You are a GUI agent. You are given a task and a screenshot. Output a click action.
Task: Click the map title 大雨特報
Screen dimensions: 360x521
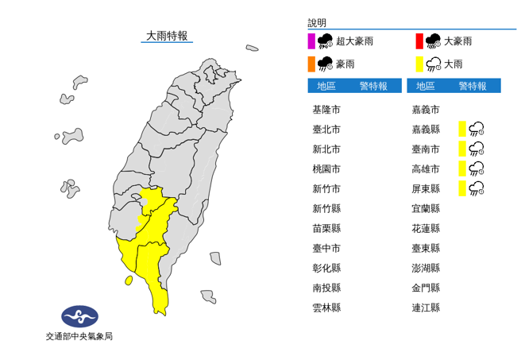point(167,36)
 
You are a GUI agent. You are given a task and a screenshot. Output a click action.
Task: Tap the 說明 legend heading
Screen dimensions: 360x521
point(317,23)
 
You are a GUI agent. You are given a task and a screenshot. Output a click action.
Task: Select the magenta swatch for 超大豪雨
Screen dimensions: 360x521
point(311,41)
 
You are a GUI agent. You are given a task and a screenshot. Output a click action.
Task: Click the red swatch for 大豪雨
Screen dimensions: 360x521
point(419,41)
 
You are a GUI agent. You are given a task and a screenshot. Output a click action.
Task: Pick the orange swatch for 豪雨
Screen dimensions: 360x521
point(311,63)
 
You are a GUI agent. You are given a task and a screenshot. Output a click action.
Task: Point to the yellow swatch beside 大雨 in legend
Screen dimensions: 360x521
point(419,63)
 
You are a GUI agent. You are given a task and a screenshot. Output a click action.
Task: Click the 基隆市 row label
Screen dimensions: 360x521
point(326,110)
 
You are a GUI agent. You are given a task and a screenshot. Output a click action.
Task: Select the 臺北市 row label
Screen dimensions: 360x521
point(326,130)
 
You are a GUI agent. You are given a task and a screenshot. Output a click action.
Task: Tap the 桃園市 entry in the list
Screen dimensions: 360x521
point(326,168)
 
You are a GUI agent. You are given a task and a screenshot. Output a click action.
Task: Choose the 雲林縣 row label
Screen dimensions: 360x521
point(326,308)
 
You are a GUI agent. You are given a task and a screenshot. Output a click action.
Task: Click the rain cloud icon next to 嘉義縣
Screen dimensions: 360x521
point(477,129)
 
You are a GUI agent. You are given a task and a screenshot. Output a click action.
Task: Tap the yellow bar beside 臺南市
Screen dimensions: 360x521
point(461,149)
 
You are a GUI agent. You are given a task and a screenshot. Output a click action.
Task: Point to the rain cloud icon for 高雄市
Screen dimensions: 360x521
point(477,168)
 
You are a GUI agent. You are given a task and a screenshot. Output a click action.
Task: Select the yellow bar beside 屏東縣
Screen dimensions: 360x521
point(461,188)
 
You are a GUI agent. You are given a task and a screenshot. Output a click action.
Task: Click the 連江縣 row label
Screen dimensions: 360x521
point(426,308)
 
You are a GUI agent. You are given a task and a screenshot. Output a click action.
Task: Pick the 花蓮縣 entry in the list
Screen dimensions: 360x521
point(426,228)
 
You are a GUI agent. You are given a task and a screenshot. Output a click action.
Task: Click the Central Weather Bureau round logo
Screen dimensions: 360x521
point(79,316)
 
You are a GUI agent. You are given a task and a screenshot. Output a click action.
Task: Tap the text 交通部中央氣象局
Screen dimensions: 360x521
point(79,336)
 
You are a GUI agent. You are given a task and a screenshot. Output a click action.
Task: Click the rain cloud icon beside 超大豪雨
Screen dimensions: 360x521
point(325,41)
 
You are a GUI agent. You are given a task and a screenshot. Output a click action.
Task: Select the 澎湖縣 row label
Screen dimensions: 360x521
point(426,268)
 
